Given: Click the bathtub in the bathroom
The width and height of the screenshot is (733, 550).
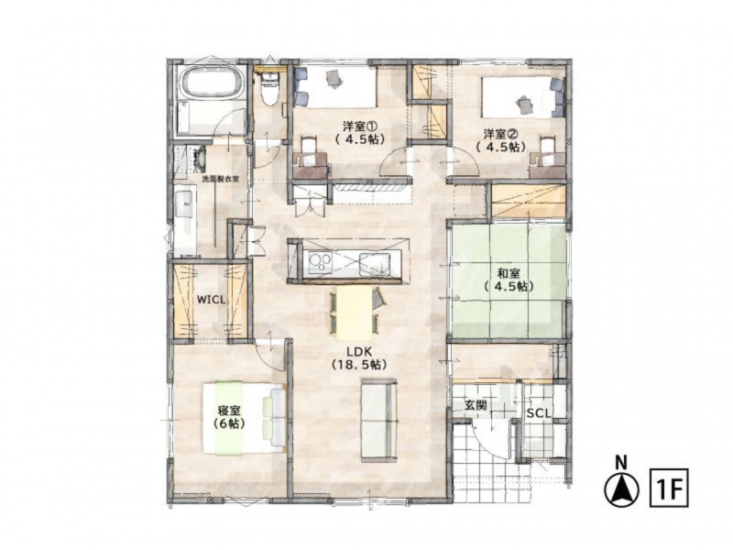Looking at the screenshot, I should [x=211, y=83].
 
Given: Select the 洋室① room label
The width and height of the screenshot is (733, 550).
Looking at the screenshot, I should [x=359, y=132].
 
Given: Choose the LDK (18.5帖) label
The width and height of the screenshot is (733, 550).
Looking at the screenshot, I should [x=358, y=357].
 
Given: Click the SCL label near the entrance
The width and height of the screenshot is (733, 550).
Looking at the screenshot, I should [x=538, y=413].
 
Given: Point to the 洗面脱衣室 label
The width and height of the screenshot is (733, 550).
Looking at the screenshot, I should [x=221, y=179].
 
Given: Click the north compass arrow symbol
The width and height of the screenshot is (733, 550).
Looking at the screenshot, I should [x=621, y=489].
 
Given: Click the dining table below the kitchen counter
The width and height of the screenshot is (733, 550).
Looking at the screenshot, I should [x=353, y=313].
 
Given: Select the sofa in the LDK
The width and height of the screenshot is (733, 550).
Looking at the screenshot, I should [x=378, y=421].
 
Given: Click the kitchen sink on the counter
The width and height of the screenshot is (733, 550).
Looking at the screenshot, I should [x=376, y=263].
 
